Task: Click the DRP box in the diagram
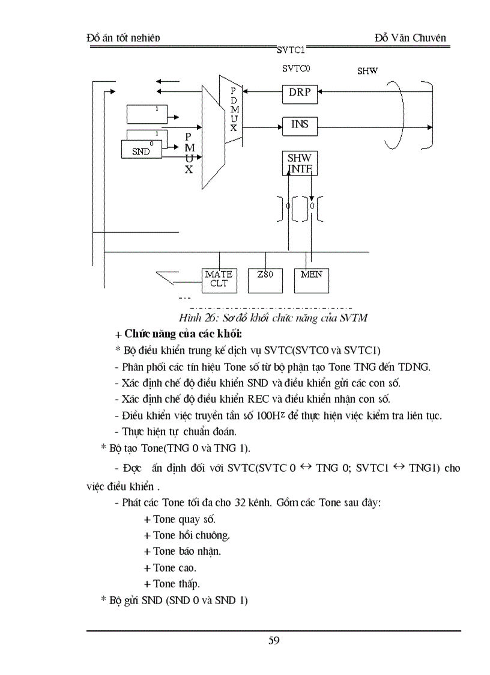[x=300, y=93]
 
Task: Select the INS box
[x=300, y=125]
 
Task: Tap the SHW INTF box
[x=300, y=163]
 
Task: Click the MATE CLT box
[x=219, y=279]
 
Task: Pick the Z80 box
[x=265, y=279]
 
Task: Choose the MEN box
[x=311, y=279]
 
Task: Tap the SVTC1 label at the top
[x=291, y=50]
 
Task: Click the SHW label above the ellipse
[x=367, y=71]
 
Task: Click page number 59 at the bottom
[x=274, y=640]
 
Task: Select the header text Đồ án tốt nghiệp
[x=124, y=38]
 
